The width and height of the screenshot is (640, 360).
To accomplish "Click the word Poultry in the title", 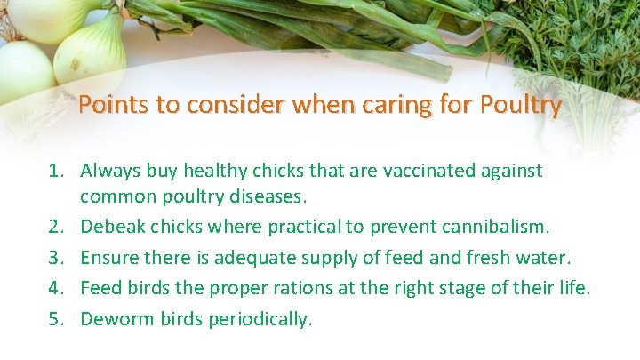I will (520, 105).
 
